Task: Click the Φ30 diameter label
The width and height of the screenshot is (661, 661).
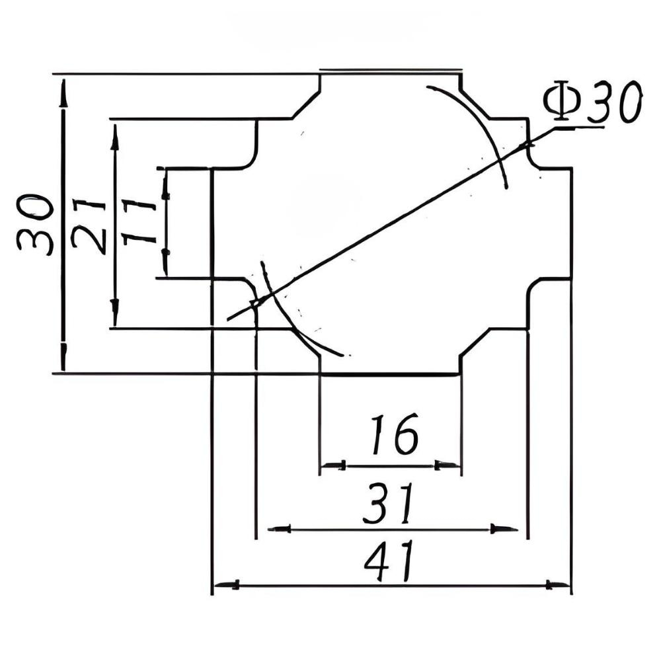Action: tap(592, 103)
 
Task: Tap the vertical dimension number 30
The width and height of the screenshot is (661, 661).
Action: tap(36, 225)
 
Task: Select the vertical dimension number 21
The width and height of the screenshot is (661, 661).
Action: tap(89, 226)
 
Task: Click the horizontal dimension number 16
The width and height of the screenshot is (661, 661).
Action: tap(395, 434)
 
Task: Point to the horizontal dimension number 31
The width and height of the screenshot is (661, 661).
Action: tap(388, 503)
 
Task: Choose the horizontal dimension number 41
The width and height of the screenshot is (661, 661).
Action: tap(389, 561)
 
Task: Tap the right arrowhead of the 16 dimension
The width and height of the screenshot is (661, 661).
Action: tap(447, 465)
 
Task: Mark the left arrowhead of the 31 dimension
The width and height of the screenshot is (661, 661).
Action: tap(280, 527)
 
